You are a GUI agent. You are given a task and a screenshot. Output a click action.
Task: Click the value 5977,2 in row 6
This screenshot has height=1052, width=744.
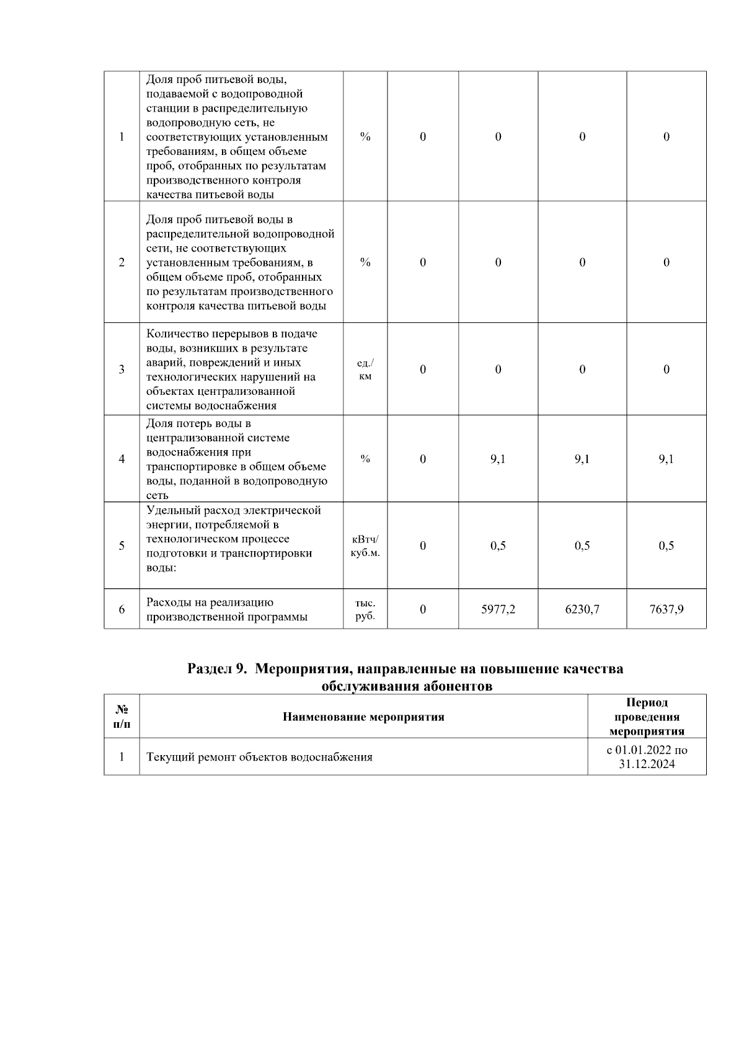(498, 609)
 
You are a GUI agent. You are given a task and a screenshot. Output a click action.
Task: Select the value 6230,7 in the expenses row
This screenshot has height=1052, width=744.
(582, 609)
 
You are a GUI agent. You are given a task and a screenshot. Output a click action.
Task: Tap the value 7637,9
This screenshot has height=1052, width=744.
(666, 609)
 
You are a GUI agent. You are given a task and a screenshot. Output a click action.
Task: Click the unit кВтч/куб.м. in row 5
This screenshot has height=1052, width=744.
(365, 546)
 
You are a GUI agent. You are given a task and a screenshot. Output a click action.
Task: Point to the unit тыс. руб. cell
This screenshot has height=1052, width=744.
(365, 609)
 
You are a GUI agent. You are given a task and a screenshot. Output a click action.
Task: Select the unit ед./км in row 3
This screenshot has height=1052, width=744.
(365, 369)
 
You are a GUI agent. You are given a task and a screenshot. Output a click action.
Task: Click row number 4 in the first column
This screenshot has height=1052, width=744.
(122, 459)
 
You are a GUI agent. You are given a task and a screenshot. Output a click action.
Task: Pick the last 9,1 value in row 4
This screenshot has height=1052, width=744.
(666, 459)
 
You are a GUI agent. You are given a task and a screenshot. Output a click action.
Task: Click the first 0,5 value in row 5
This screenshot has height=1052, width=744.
(498, 546)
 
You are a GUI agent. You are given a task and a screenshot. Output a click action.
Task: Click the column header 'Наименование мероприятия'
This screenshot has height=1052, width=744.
(363, 717)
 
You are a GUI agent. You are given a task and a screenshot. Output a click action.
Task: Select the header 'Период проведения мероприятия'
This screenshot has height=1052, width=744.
(647, 717)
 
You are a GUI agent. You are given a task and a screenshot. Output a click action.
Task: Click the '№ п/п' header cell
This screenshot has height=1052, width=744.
(122, 717)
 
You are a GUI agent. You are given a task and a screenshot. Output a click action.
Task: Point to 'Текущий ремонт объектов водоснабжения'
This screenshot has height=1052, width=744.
(259, 757)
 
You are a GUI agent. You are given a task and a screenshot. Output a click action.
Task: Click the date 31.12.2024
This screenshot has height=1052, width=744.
(647, 764)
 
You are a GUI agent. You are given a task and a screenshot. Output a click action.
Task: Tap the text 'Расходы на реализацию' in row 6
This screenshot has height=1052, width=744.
(210, 602)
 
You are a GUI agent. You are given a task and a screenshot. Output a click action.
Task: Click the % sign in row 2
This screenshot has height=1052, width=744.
(365, 262)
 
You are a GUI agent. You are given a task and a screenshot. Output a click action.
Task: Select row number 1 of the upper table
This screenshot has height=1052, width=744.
(122, 137)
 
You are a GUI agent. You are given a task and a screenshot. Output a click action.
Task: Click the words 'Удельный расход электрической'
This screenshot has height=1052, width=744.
(233, 510)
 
